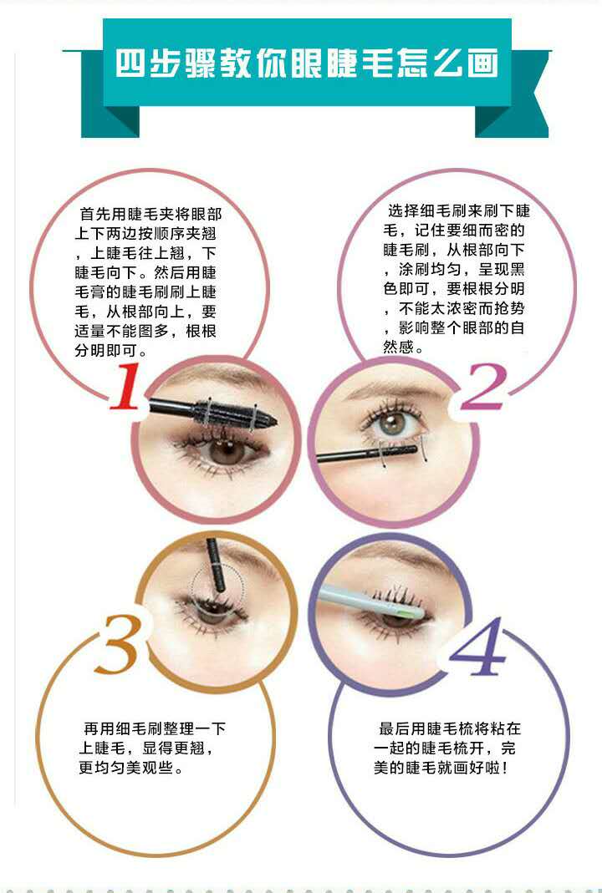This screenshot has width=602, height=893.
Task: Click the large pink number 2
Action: tap(483, 387)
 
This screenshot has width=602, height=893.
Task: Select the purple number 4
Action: tap(477, 647)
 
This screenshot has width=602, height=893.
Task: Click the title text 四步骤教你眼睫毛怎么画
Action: tap(307, 63)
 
